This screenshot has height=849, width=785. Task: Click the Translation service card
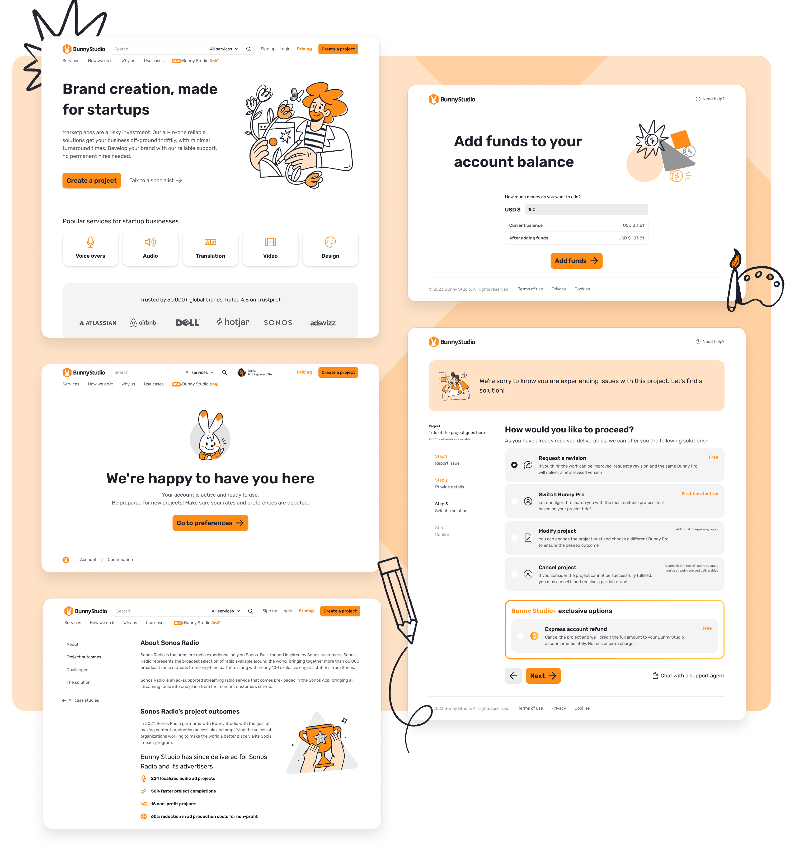210,248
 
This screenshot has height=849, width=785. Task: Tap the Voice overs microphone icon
91,242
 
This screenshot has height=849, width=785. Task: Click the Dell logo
187,323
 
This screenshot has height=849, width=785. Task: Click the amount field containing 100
586,209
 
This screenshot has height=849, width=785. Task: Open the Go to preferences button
210,523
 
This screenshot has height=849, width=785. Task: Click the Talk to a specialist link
156,181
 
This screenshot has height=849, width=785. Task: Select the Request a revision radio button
514,465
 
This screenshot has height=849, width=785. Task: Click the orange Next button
543,676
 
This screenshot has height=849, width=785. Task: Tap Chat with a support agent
688,676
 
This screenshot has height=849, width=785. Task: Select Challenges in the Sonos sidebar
77,670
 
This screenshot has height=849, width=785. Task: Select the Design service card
330,248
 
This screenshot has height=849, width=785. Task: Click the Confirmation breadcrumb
120,560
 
